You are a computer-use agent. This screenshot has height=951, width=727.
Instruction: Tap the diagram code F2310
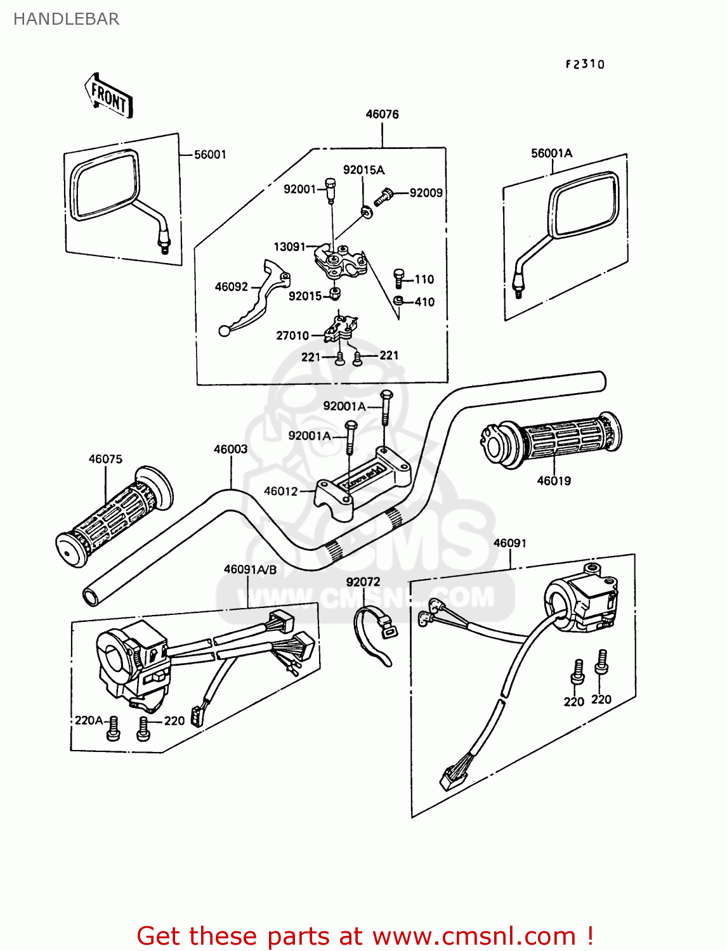coord(585,64)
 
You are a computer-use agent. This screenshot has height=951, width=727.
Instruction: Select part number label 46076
coord(382,114)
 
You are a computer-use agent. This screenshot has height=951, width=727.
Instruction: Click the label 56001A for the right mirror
coord(551,153)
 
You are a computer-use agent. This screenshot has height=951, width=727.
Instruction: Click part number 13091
coord(289,247)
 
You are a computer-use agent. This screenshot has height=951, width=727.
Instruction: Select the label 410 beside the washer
coord(424,302)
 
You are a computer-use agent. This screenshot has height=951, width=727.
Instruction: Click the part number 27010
coord(292,335)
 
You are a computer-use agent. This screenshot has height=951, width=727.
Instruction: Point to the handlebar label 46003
coord(231,449)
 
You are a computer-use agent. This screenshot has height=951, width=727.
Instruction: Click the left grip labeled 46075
coord(114,517)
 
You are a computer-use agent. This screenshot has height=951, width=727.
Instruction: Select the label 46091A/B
coord(250,569)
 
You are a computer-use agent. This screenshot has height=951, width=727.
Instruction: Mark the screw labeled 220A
coord(113,728)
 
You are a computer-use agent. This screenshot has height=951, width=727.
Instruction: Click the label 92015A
coord(363,170)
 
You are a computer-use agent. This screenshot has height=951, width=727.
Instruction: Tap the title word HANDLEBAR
coord(67,19)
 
